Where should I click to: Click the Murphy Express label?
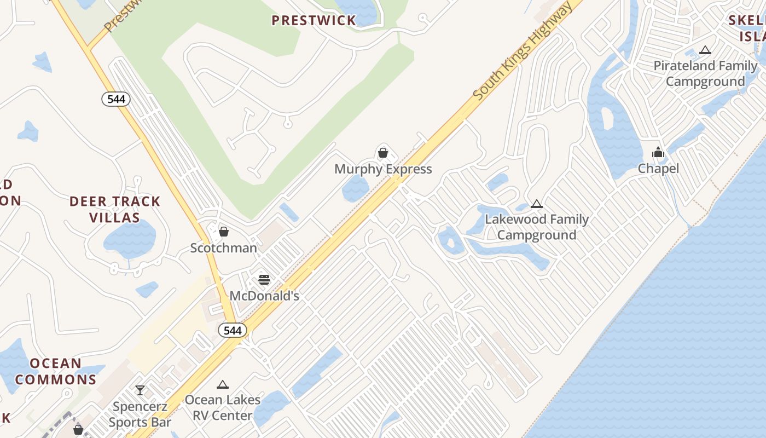[383, 169]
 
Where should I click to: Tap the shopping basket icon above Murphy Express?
[383, 153]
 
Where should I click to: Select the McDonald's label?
[264, 296]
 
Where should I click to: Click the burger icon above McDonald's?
[264, 280]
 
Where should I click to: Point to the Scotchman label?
[223, 248]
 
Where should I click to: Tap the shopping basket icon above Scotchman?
[223, 232]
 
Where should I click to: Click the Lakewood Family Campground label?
[537, 227]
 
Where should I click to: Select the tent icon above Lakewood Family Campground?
[537, 204]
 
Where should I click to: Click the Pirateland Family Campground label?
[705, 73]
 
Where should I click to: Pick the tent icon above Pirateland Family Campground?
[705, 50]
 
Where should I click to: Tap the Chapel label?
[658, 169]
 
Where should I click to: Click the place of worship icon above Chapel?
[658, 152]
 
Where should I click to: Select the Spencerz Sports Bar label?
[140, 414]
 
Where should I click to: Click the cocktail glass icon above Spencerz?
[140, 390]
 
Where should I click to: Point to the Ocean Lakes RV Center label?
[222, 407]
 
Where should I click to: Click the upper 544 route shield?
[116, 99]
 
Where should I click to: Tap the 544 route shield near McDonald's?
[233, 330]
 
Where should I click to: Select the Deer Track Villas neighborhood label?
[115, 210]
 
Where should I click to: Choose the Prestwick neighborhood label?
[314, 21]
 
